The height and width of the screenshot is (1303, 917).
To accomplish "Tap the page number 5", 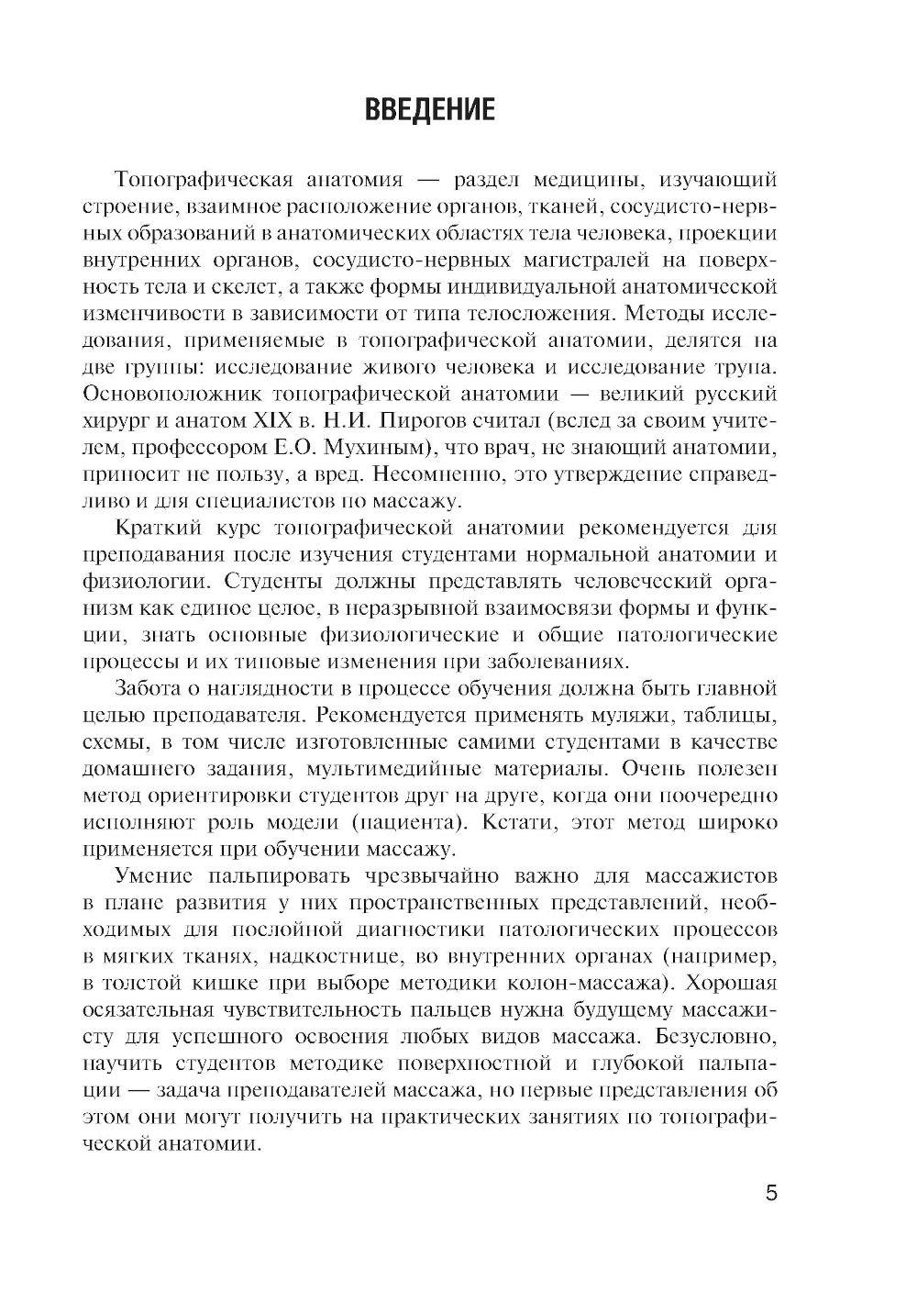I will click(x=770, y=1194).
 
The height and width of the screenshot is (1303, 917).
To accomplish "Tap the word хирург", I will click(x=114, y=422).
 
